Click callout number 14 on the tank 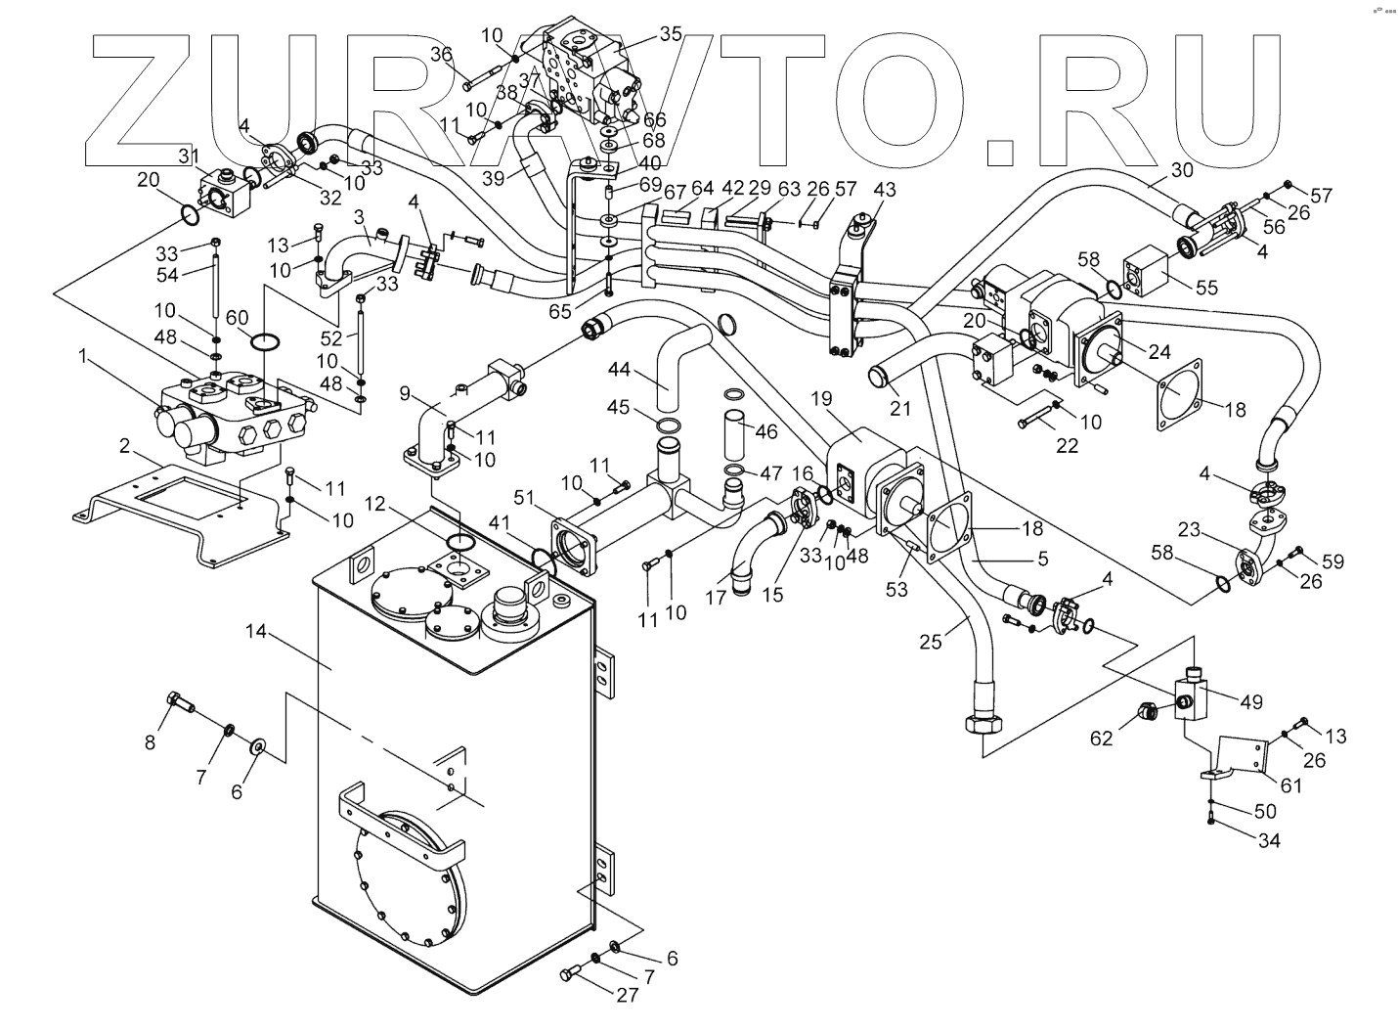256,634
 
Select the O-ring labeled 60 266,341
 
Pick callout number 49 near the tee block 1251,701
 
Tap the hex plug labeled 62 1148,711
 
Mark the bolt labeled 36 482,72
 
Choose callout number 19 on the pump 821,398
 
